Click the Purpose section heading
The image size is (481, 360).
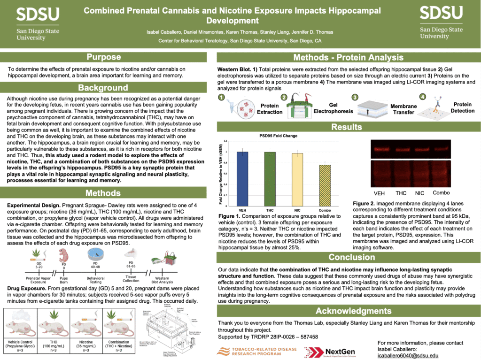click(x=103, y=57)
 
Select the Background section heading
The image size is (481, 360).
click(x=103, y=88)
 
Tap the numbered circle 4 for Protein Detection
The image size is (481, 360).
click(x=422, y=96)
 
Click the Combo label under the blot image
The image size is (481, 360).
click(x=441, y=193)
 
